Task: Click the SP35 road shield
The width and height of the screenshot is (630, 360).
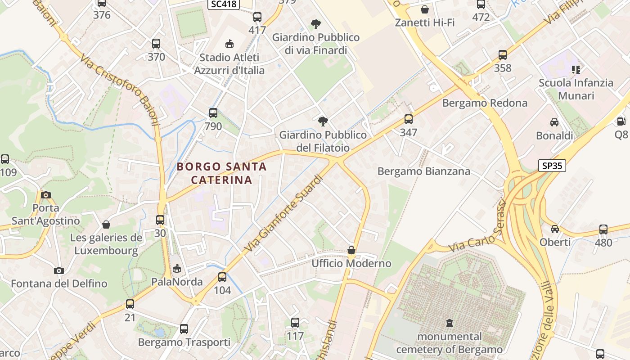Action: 552,166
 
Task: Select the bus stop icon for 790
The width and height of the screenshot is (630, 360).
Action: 213,113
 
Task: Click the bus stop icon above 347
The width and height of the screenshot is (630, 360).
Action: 409,119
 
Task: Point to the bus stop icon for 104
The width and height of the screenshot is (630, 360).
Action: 222,277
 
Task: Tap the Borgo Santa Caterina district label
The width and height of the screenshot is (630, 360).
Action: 221,173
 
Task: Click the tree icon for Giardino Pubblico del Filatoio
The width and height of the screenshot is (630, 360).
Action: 323,121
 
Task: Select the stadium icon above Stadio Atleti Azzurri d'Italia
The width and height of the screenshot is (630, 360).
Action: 229,44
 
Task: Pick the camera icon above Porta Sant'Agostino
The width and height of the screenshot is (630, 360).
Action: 45,195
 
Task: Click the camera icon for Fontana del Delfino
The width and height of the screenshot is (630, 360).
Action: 59,270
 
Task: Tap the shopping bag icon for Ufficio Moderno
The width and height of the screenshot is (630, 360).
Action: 351,250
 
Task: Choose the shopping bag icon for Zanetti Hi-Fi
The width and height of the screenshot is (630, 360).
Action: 424,9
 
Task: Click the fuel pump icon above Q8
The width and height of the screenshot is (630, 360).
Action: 621,121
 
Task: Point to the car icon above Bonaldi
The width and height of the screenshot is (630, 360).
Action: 554,122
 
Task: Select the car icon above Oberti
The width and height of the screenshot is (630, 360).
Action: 555,229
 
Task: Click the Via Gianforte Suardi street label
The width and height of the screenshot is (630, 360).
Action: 284,214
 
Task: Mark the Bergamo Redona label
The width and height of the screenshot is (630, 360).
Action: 485,103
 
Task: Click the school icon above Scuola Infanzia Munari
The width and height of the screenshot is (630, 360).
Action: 576,69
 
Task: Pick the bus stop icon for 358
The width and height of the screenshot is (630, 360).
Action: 503,55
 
